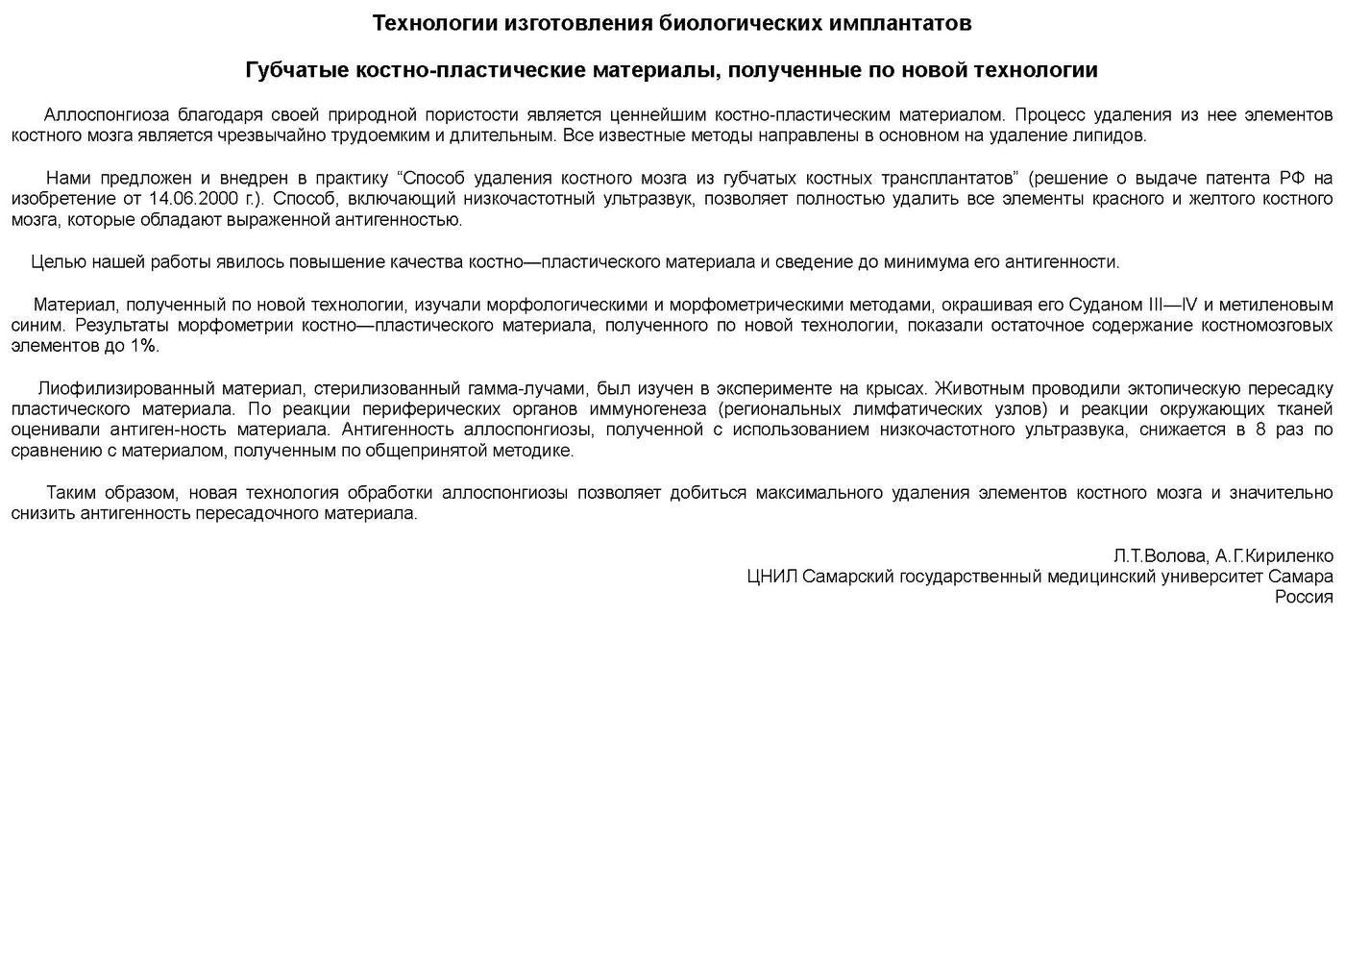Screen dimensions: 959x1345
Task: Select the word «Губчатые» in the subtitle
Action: [297, 70]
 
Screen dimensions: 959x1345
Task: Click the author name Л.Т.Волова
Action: [1159, 556]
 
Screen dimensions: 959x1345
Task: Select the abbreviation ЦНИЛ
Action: [772, 577]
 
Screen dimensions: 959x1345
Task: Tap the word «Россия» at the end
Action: [1304, 597]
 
